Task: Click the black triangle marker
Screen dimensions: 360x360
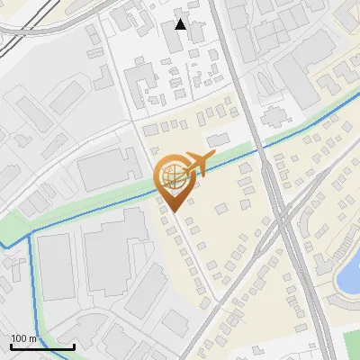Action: tap(181, 24)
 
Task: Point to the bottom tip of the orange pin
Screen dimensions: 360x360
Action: tap(174, 212)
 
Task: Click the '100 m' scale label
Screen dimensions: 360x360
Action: tap(23, 338)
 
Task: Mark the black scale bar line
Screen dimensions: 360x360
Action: tap(42, 346)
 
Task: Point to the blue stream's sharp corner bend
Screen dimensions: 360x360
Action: tap(31, 235)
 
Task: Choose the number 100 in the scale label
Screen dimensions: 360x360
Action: tap(19, 338)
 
